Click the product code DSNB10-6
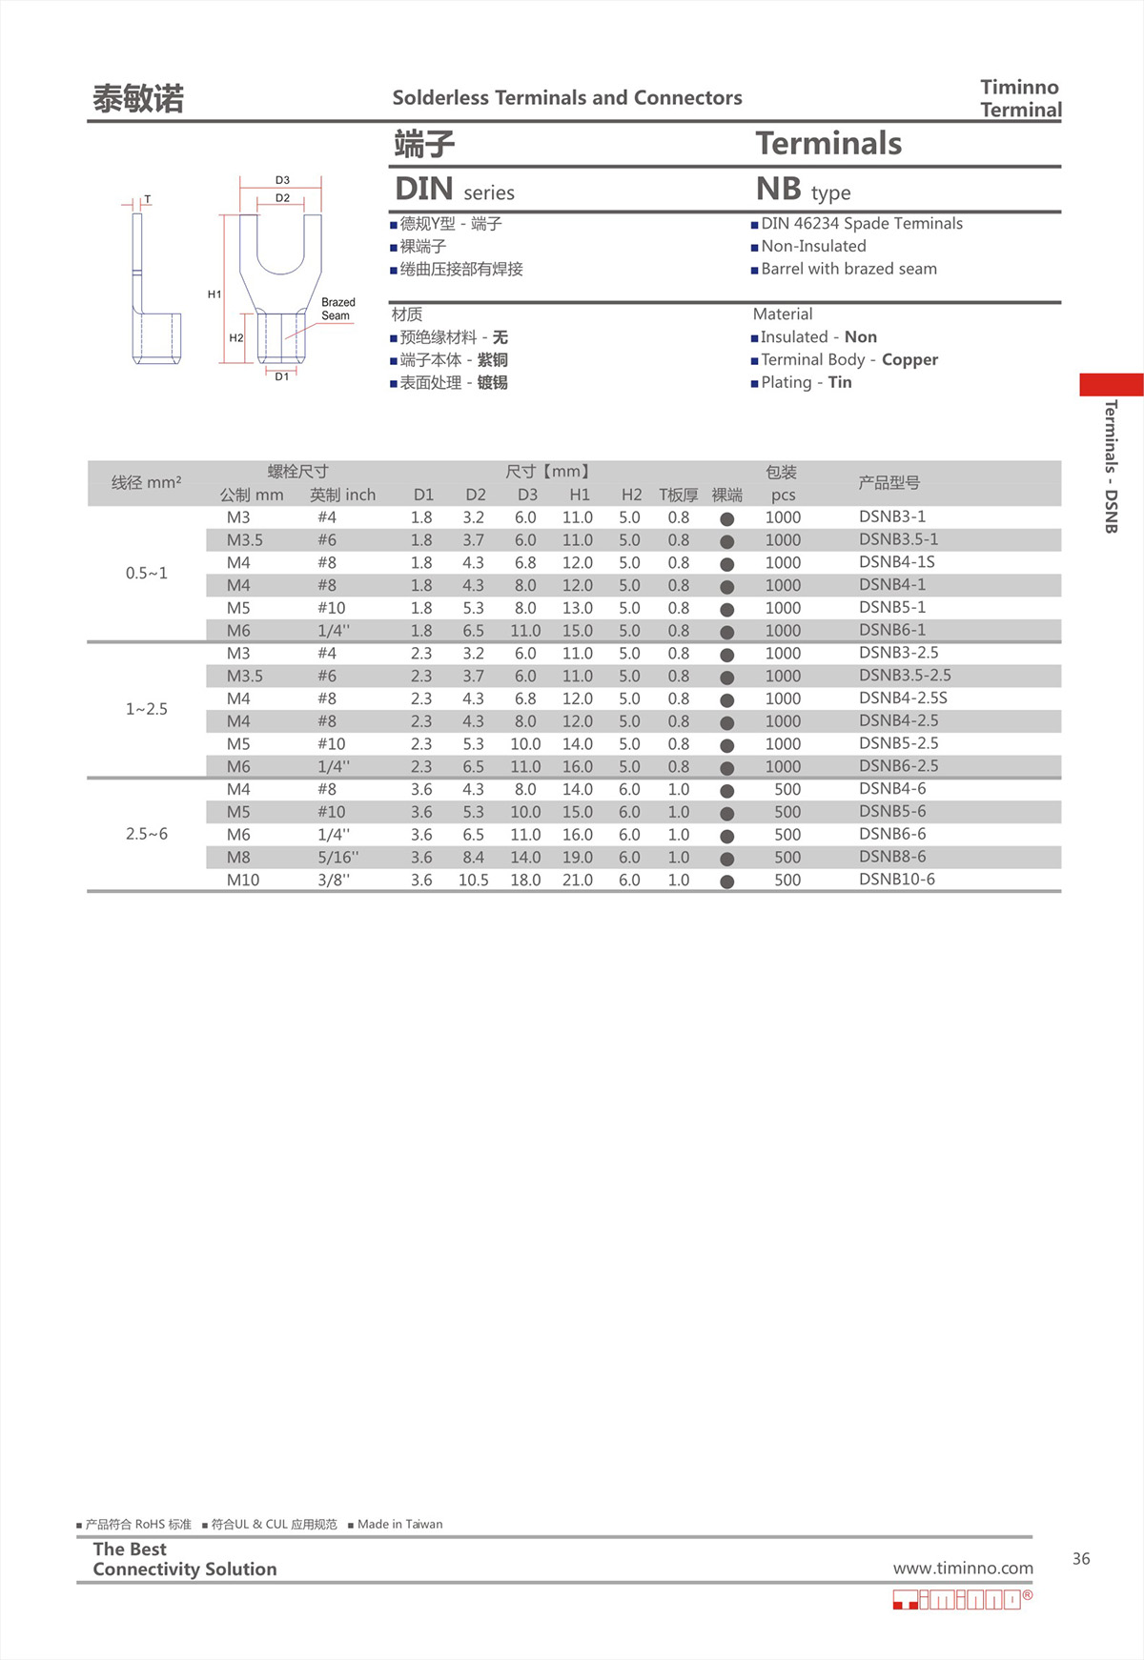[x=896, y=879]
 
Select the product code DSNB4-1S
[x=896, y=562]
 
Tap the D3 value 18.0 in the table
[x=525, y=880]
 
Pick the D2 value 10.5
[x=473, y=880]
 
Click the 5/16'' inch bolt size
[x=338, y=857]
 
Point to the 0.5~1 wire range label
[x=147, y=573]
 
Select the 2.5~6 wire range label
[x=147, y=834]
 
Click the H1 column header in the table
[x=579, y=495]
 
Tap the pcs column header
[x=783, y=495]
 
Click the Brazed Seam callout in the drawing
[x=337, y=309]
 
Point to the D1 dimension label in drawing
[x=282, y=376]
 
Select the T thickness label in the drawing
[x=147, y=199]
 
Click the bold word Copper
[x=909, y=359]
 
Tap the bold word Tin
[x=840, y=382]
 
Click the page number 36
[x=1081, y=1559]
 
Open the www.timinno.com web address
[x=963, y=1568]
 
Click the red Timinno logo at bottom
[x=962, y=1599]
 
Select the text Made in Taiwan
[x=399, y=1524]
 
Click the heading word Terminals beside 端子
[x=828, y=144]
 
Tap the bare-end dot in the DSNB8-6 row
[x=727, y=859]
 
